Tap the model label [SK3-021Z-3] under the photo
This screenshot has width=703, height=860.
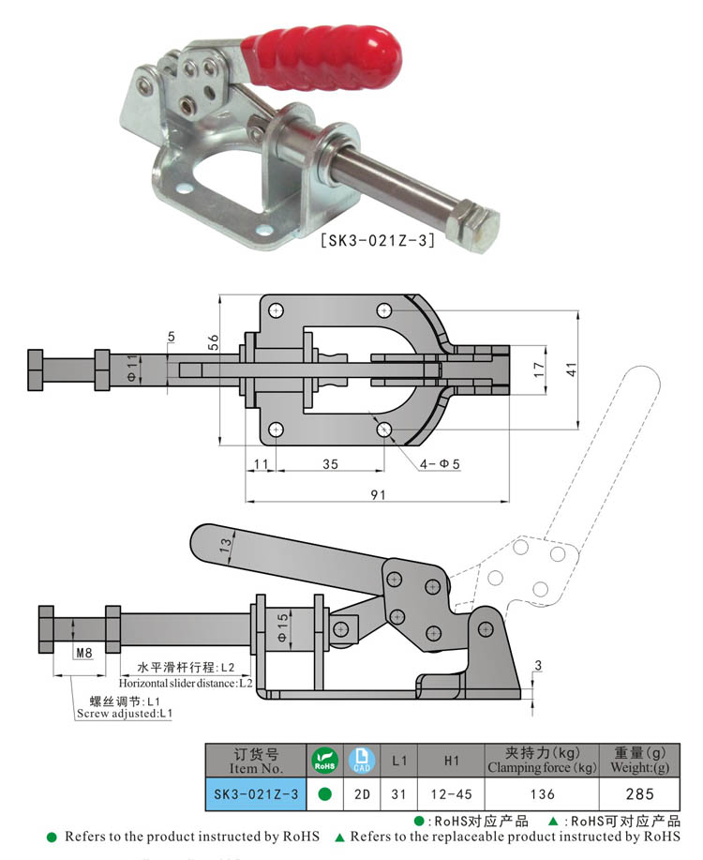378,241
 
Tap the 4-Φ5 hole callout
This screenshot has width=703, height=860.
439,463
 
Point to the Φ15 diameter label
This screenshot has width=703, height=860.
282,625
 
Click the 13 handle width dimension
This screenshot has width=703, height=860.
225,544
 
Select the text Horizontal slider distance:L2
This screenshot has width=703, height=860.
186,683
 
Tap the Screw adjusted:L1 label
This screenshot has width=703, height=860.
126,714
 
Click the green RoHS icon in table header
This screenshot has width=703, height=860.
323,760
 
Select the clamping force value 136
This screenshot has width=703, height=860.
541,794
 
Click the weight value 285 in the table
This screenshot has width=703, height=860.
640,794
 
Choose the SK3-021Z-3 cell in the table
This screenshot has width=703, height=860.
256,794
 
